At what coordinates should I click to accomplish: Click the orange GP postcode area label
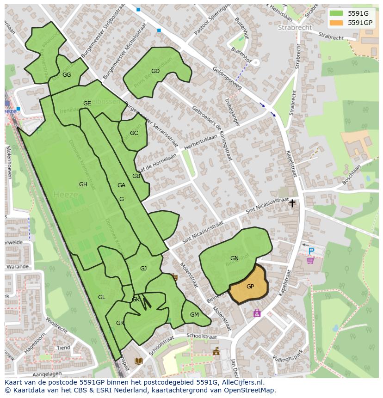coord(250,287)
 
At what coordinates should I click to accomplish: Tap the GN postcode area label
coord(234,258)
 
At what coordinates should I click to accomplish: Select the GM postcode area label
coord(194,315)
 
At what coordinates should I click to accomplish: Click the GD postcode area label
coord(155,71)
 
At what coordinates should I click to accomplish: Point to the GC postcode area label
coord(134,133)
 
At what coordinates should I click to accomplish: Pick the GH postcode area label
coord(83,184)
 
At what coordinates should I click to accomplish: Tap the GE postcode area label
coord(87,104)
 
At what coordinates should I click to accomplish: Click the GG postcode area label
coord(67,75)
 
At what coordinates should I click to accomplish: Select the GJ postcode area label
coord(143,269)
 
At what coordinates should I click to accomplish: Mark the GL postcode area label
coord(102,297)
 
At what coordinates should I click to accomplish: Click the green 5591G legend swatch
coord(336,13)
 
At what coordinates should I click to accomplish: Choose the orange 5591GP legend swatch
coord(336,22)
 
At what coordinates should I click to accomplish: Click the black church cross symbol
coord(292,203)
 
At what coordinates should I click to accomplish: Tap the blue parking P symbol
coord(311,251)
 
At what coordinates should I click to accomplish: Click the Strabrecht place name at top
coord(295,28)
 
